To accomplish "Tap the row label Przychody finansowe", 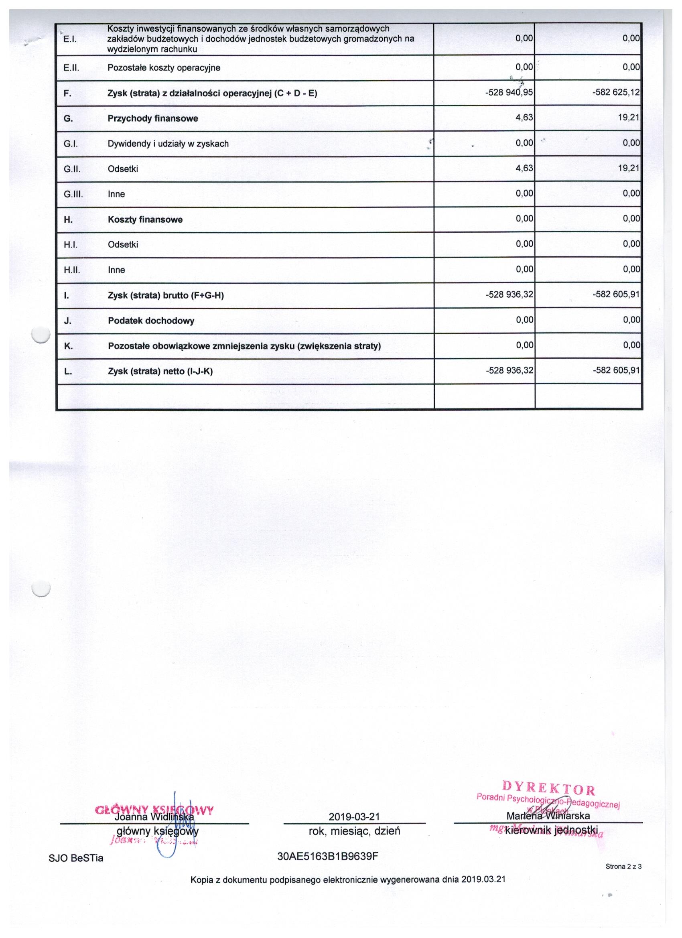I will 152,119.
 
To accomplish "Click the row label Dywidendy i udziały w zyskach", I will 168,144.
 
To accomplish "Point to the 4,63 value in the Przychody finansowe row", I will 524,118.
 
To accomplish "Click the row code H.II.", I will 71,270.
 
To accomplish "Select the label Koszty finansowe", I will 145,219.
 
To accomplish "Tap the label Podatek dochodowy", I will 151,321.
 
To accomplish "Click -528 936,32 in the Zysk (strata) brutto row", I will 509,295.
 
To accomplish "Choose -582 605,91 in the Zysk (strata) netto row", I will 616,371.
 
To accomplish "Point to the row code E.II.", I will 71,68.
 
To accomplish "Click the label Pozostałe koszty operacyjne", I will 164,68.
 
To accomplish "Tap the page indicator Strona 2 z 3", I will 623,867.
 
